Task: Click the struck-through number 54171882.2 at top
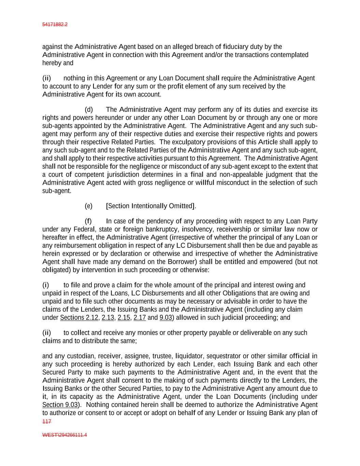click(x=55, y=25)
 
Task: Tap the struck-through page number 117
click(x=47, y=422)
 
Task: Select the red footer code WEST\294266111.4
click(x=64, y=435)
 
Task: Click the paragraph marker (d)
click(x=89, y=110)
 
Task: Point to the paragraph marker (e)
click(x=88, y=206)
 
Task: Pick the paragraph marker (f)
click(x=88, y=221)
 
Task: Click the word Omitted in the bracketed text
click(x=181, y=206)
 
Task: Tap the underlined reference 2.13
click(x=108, y=317)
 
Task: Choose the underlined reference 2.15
click(x=124, y=317)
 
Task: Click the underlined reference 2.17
click(x=140, y=317)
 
